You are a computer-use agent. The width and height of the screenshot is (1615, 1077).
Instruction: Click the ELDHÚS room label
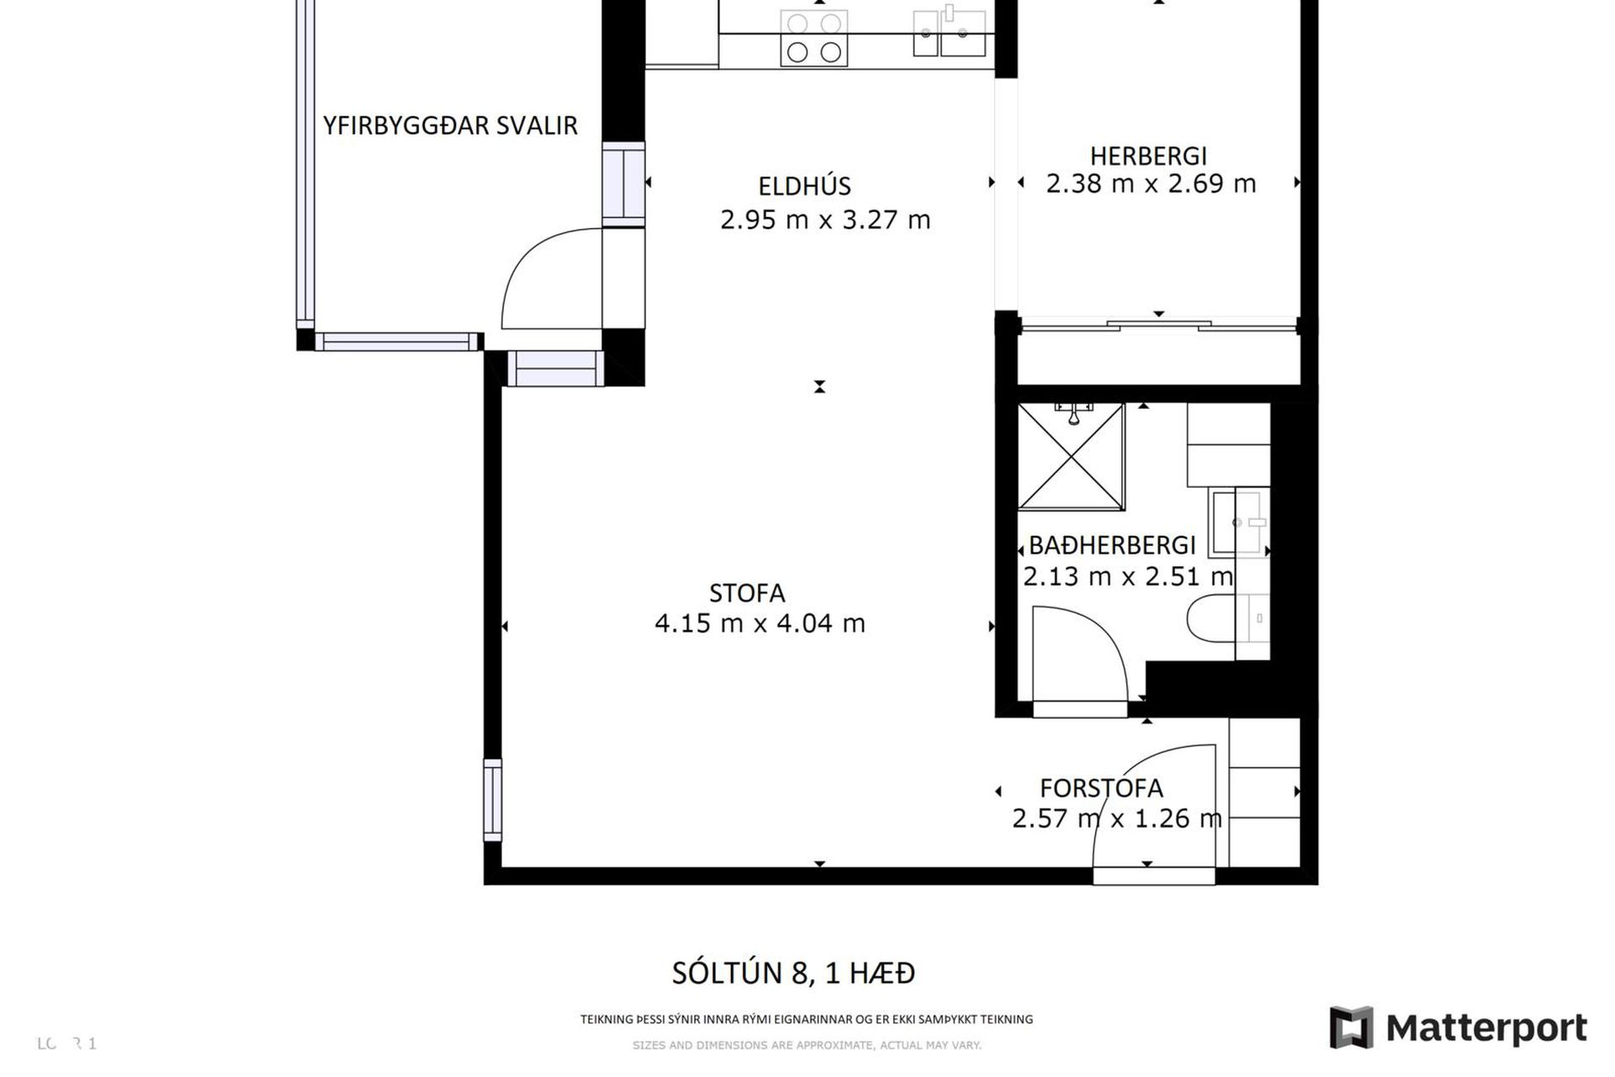(x=804, y=186)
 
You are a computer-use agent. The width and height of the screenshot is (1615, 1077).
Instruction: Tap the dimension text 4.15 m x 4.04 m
(x=760, y=623)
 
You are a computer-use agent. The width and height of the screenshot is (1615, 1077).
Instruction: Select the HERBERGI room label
(x=1148, y=156)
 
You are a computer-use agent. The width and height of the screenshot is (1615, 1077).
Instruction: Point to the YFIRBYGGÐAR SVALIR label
(x=450, y=125)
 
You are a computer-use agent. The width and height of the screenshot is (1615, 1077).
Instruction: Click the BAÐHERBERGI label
(x=1111, y=545)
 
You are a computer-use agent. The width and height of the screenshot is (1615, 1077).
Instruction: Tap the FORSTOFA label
(x=1101, y=788)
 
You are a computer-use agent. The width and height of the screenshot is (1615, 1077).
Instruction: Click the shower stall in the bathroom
(x=1071, y=457)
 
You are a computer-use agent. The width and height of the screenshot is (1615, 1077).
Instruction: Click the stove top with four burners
(x=813, y=38)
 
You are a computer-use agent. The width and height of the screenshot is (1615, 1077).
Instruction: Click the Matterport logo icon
(x=1351, y=1027)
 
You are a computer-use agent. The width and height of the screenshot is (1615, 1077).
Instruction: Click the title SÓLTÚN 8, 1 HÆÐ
(x=792, y=974)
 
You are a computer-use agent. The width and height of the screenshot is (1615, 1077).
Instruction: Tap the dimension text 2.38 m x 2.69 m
(x=1150, y=183)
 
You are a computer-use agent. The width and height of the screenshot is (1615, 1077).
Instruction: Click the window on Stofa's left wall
(x=492, y=799)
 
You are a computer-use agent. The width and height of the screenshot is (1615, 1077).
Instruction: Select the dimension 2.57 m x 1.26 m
(x=1116, y=819)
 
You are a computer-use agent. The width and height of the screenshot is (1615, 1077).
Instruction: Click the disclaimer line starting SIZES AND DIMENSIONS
(x=806, y=1045)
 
